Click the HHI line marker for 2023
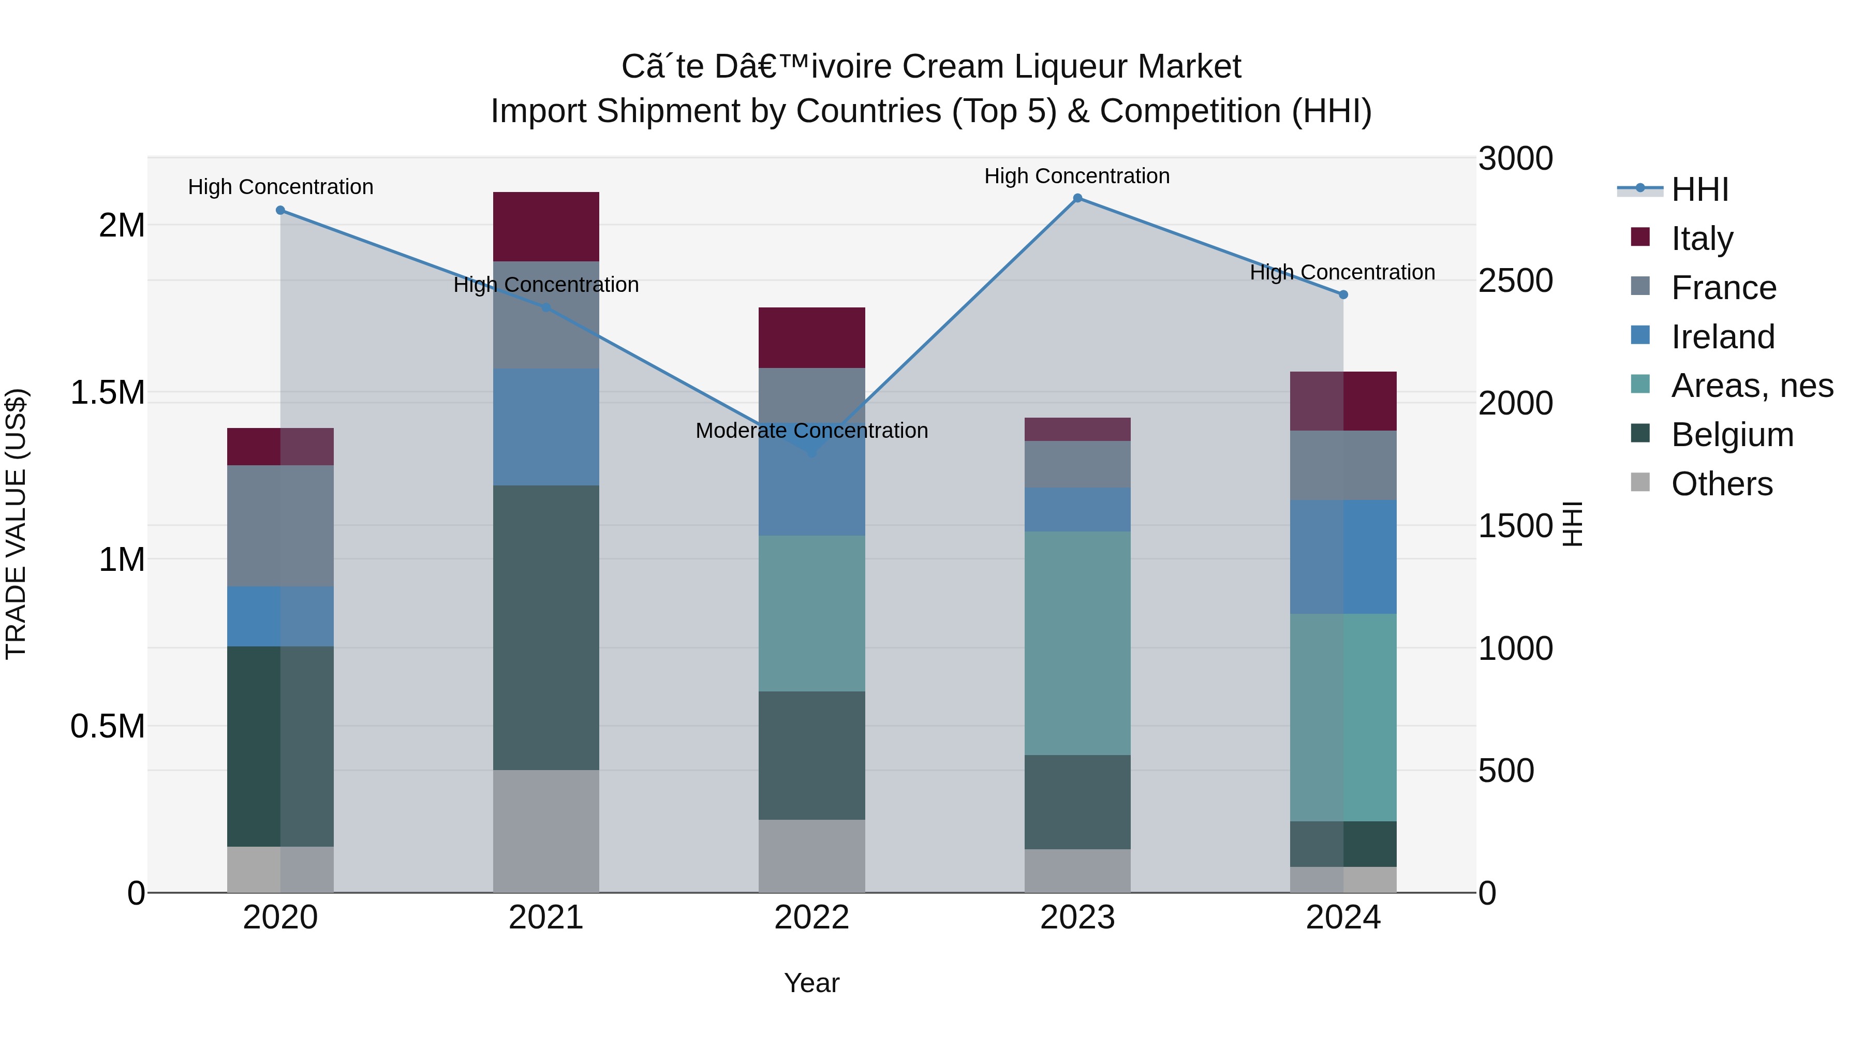(x=1077, y=198)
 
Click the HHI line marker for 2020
(x=280, y=211)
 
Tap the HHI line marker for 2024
(x=1343, y=294)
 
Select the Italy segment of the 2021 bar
(x=546, y=226)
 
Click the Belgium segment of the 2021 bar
(x=546, y=627)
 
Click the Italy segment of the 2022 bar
(x=811, y=338)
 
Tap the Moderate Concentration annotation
(x=811, y=431)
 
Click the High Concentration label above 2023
(x=1077, y=176)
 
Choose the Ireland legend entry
(x=1723, y=337)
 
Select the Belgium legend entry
(x=1732, y=435)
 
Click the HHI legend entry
(x=1699, y=189)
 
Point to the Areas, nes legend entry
(x=1752, y=386)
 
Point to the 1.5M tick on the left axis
(x=108, y=393)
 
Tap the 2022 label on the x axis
(x=811, y=918)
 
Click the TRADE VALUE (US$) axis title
(x=16, y=524)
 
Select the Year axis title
(x=811, y=983)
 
